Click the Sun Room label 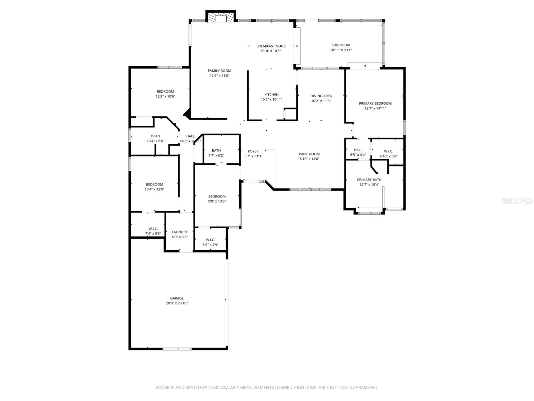click(341, 45)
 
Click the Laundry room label click(180, 232)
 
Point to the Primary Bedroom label click(375, 104)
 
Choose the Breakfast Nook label click(271, 46)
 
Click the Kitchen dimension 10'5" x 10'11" click(271, 100)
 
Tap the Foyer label click(253, 151)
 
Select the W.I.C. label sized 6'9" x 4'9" click(210, 240)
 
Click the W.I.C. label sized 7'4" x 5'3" click(153, 229)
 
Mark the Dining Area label click(321, 96)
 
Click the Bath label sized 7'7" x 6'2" click(216, 150)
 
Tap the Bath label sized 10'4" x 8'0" click(156, 136)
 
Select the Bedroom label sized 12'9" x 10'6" click(165, 92)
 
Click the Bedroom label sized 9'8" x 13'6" click(217, 196)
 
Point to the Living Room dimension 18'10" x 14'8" click(308, 159)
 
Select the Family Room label click(219, 71)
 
